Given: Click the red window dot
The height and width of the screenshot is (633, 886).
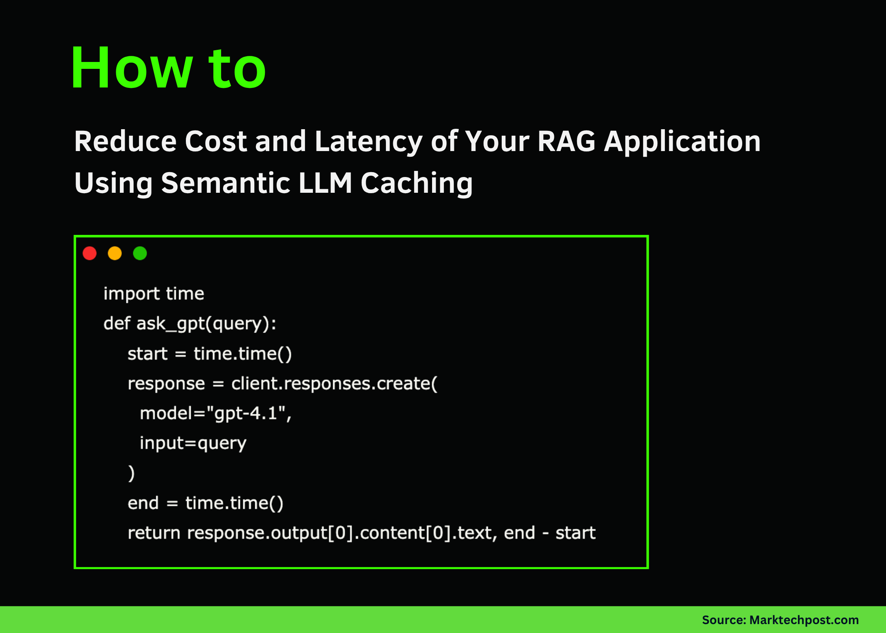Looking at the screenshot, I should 89,253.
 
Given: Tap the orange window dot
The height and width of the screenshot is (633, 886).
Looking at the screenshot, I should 115,253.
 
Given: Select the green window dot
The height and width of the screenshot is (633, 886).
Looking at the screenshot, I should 140,253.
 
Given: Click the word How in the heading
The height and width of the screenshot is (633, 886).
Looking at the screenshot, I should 131,68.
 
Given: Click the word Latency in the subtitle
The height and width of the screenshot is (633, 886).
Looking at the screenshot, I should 368,141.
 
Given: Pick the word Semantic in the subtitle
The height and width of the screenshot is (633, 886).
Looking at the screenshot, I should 226,183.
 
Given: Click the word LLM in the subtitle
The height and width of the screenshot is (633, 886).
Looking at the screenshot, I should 325,183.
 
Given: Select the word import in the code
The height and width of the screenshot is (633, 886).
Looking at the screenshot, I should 131,294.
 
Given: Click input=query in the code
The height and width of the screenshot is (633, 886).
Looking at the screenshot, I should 193,443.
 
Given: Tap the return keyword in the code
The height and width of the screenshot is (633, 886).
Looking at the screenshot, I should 153,533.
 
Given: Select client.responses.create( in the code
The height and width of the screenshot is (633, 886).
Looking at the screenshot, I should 334,384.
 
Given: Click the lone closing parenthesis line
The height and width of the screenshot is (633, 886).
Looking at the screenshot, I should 131,473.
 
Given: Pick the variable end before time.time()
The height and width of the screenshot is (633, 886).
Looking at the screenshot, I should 143,503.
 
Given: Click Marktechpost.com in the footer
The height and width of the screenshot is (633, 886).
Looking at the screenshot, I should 804,620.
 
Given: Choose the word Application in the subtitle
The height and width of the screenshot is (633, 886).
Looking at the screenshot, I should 682,141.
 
